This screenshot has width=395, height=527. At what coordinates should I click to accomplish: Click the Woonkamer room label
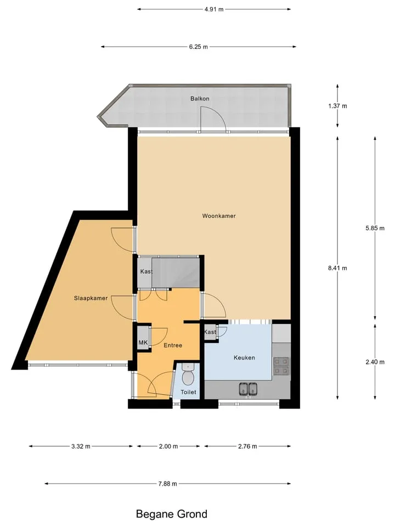click(x=219, y=216)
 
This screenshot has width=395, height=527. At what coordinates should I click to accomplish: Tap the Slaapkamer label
click(x=91, y=298)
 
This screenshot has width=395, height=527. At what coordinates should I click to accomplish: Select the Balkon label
click(x=200, y=98)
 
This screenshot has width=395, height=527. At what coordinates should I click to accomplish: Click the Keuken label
click(x=244, y=357)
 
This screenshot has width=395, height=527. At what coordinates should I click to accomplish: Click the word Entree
click(x=173, y=345)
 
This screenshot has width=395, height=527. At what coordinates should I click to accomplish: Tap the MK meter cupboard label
click(x=143, y=343)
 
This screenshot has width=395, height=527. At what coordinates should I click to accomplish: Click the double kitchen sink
click(x=248, y=389)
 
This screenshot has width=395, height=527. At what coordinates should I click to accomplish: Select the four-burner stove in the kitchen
click(x=281, y=366)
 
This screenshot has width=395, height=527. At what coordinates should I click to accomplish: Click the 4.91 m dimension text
click(x=214, y=9)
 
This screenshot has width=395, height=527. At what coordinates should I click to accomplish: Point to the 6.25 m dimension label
click(x=198, y=47)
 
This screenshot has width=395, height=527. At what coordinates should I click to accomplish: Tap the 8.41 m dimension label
click(x=337, y=268)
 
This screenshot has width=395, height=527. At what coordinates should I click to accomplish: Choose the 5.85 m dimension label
click(x=375, y=228)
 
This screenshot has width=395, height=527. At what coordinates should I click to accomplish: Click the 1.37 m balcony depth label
click(x=337, y=106)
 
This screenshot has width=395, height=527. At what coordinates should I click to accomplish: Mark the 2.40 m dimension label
click(x=375, y=362)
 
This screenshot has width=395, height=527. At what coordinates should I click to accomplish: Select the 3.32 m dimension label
click(x=81, y=446)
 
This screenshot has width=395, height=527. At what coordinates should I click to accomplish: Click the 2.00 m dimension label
click(x=168, y=446)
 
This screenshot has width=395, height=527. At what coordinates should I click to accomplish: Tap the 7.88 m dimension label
click(x=168, y=484)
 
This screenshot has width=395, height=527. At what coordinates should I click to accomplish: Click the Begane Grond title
click(x=172, y=514)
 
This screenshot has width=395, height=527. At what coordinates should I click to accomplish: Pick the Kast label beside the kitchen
click(x=210, y=332)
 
